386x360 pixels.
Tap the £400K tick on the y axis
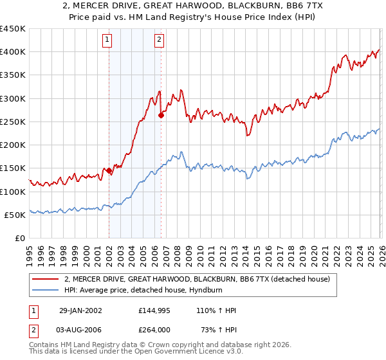pyautogui.click(x=13, y=52)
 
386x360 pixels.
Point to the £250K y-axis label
pyautogui.click(x=13, y=122)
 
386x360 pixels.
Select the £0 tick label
pyautogui.click(x=20, y=238)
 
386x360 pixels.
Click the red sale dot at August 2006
pyautogui.click(x=161, y=116)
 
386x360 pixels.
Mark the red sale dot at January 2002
pyautogui.click(x=109, y=171)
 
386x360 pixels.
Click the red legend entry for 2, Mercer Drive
pyautogui.click(x=197, y=279)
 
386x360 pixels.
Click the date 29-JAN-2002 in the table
pyautogui.click(x=80, y=310)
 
